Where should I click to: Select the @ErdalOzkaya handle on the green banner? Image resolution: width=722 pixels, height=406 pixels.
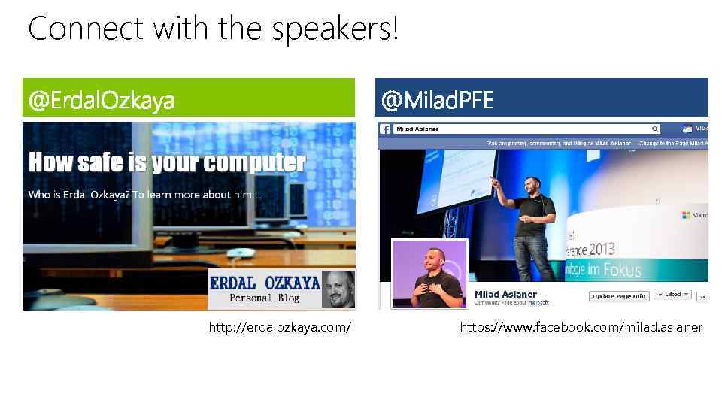pyautogui.click(x=102, y=100)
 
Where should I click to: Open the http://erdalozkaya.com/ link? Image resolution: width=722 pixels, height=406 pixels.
pyautogui.click(x=281, y=327)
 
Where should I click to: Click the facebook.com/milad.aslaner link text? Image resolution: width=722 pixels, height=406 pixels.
pyautogui.click(x=581, y=327)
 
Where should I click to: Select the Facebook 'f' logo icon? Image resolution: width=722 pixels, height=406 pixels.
pyautogui.click(x=385, y=129)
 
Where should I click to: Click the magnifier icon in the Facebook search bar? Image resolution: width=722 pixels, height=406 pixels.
pyautogui.click(x=654, y=129)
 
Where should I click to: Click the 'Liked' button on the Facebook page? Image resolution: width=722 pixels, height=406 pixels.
pyautogui.click(x=672, y=295)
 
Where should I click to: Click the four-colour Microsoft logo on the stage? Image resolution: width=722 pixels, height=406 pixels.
pyautogui.click(x=686, y=215)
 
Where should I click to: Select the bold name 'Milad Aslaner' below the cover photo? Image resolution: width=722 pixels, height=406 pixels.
pyautogui.click(x=505, y=294)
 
